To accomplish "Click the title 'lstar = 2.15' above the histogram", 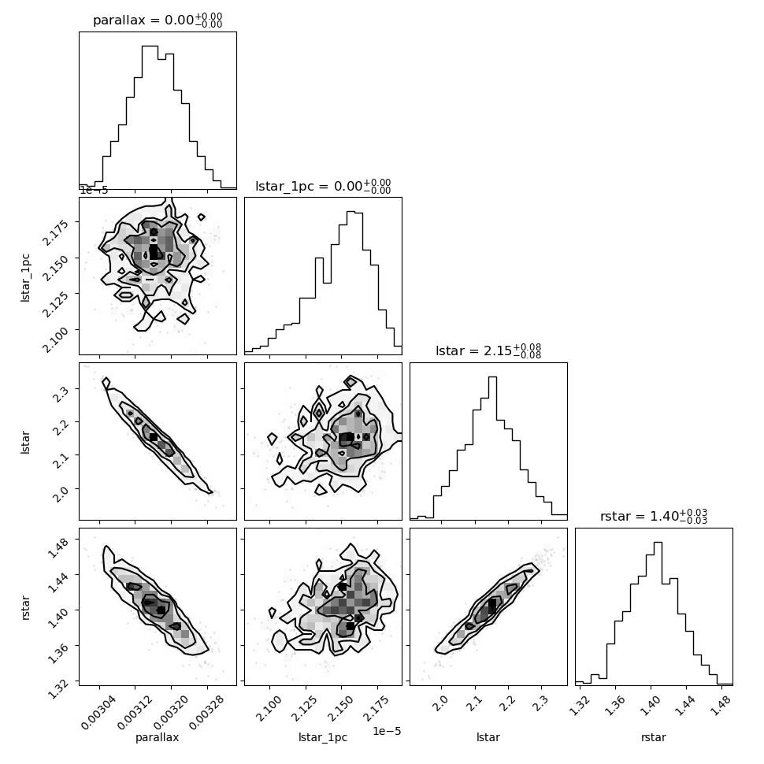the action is pyautogui.click(x=488, y=350).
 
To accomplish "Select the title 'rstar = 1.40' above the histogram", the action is pyautogui.click(x=654, y=516).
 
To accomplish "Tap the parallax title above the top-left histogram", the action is pyautogui.click(x=158, y=20).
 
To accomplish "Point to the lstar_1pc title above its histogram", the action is pyautogui.click(x=323, y=186).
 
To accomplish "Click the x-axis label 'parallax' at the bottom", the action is pyautogui.click(x=157, y=737).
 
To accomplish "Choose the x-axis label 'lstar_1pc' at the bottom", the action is pyautogui.click(x=323, y=737).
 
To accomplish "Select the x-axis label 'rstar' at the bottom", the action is pyautogui.click(x=654, y=737).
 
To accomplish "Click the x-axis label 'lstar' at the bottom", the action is pyautogui.click(x=488, y=737).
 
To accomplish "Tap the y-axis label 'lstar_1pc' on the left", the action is pyautogui.click(x=25, y=278).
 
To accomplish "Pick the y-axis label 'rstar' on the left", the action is pyautogui.click(x=25, y=607).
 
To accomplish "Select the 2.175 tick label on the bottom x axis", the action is pyautogui.click(x=375, y=709).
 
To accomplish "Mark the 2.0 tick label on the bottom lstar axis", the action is pyautogui.click(x=439, y=703).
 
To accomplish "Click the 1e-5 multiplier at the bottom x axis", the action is pyautogui.click(x=387, y=731).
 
